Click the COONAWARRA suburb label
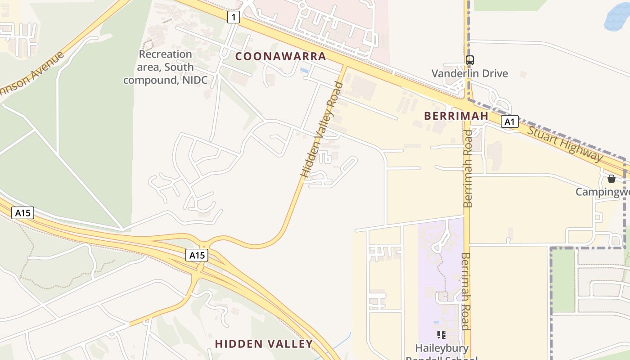tap(280, 56)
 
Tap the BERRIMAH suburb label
tap(456, 116)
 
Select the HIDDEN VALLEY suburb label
tap(264, 344)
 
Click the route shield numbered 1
tap(233, 18)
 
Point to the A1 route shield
tap(509, 121)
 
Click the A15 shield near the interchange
tap(197, 255)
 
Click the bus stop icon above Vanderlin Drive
tap(469, 60)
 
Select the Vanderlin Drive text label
tap(469, 73)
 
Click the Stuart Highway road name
tap(565, 144)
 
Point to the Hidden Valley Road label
tap(321, 130)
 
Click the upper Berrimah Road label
tap(468, 169)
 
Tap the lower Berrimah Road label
tap(465, 291)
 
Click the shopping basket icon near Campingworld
tap(611, 179)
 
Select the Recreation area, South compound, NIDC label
tap(165, 67)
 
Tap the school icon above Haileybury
tap(441, 334)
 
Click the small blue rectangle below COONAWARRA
tap(304, 71)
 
